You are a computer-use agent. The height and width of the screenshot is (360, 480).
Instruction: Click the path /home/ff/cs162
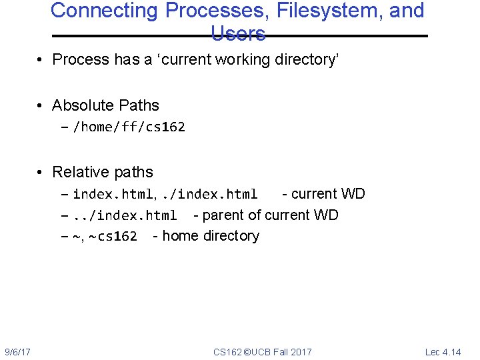click(129, 127)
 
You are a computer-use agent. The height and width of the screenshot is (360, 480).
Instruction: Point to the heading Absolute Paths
click(105, 105)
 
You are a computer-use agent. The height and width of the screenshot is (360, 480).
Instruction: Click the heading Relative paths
click(103, 172)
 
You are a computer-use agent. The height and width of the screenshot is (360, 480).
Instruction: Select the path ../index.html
click(125, 215)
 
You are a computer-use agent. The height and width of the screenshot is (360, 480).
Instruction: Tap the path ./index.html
click(210, 195)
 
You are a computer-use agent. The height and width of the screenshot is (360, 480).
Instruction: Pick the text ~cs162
click(113, 236)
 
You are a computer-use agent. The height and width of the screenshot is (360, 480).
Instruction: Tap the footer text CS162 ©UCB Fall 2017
click(262, 351)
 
